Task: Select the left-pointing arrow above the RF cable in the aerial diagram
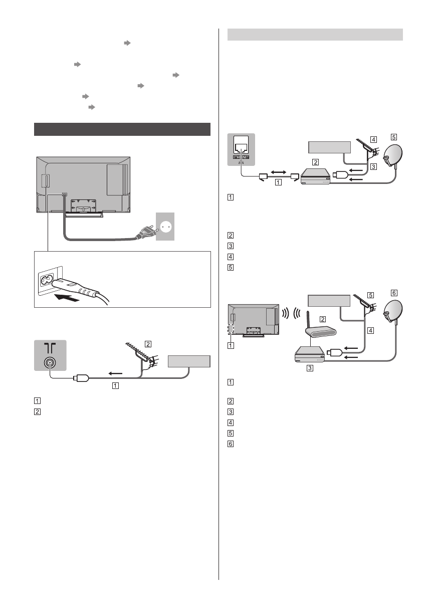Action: point(115,373)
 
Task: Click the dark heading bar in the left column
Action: point(122,129)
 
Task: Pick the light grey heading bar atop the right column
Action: point(315,34)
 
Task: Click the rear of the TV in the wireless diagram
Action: point(253,321)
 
